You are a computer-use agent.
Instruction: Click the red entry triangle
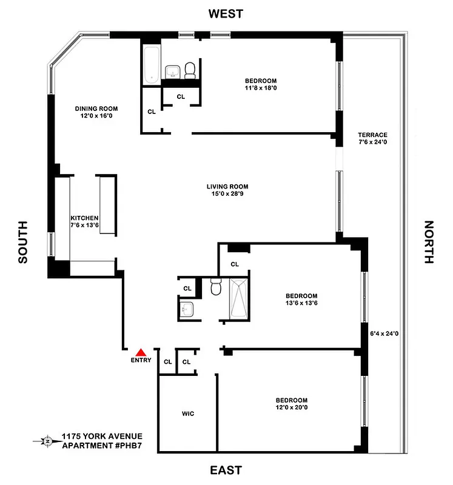coord(141,351)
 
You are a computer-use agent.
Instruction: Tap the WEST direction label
coord(226,13)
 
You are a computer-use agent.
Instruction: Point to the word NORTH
coord(429,242)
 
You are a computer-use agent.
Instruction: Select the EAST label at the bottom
coord(226,470)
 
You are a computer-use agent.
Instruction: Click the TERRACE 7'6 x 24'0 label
coord(372,139)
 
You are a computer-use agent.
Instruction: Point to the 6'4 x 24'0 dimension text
coord(384,333)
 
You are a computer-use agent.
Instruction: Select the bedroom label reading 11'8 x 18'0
coord(261,85)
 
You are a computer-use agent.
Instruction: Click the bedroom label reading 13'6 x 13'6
coord(301,299)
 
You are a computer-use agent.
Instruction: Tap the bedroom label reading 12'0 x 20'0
coord(291,404)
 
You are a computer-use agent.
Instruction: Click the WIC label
coord(187,414)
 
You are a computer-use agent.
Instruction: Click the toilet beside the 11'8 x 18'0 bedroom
coord(190,70)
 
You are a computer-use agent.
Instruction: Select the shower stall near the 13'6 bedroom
coord(238,298)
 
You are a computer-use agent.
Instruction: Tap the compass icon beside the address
coord(47,441)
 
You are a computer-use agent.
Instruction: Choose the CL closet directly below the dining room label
coord(152,112)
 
